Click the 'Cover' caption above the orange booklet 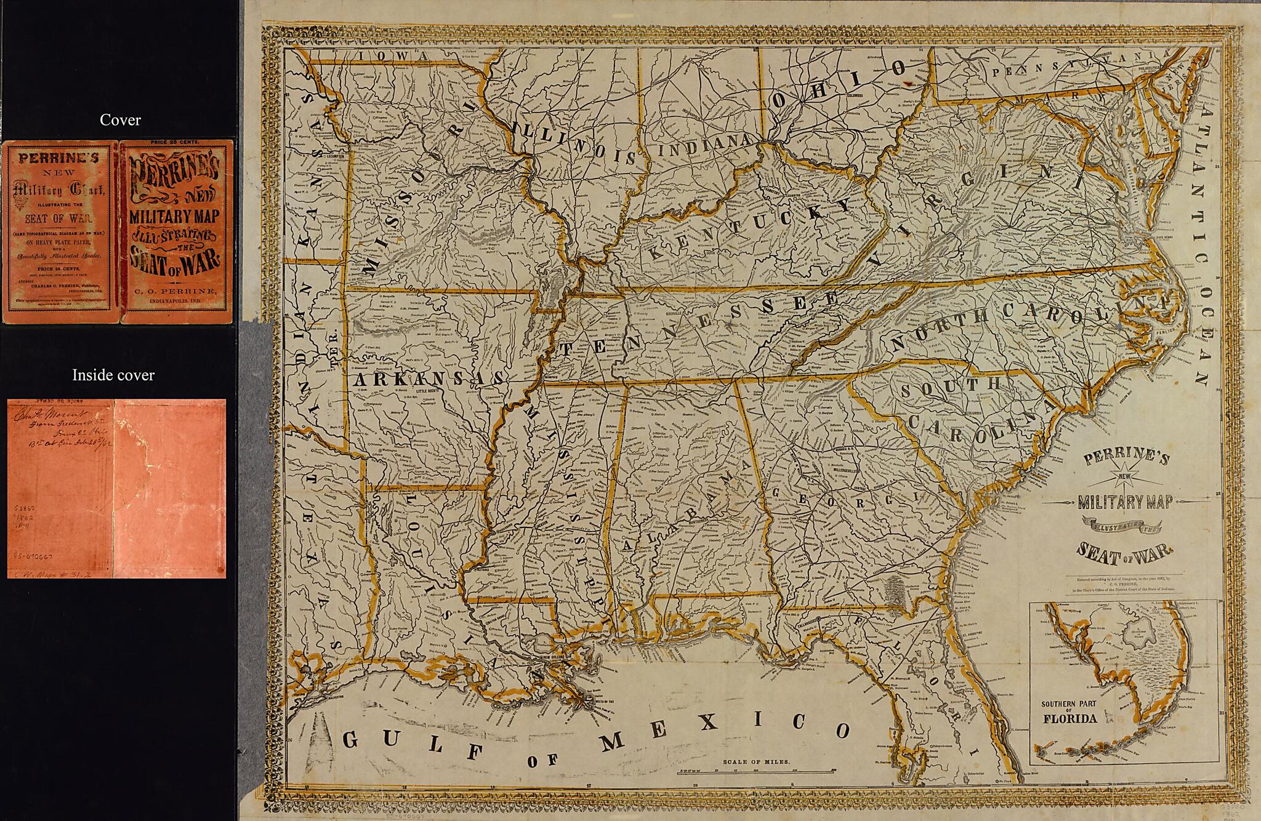[x=120, y=120]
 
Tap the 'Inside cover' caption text [x=113, y=375]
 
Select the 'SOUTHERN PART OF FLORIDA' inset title [x=1070, y=713]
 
